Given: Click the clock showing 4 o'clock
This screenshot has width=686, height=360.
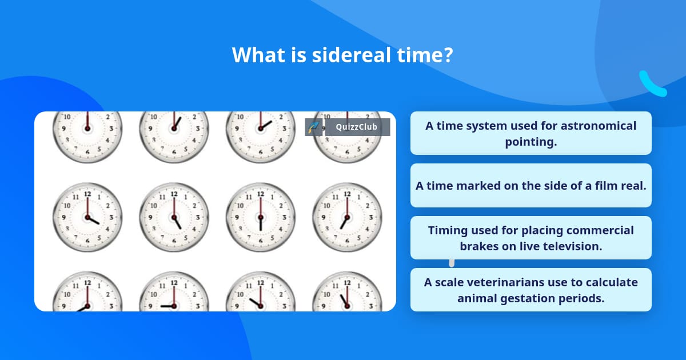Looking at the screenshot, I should point(87,217).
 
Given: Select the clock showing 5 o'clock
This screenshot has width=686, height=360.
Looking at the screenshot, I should point(174,217).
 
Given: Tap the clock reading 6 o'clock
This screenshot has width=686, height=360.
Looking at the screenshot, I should point(261,217).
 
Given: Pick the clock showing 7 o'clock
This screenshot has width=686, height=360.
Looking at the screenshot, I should point(347,217).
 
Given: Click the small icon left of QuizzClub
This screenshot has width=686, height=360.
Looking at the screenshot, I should point(313,127).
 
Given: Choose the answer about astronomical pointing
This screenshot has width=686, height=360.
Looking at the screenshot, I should point(531,133).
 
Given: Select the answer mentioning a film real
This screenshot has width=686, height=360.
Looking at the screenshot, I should point(531,185).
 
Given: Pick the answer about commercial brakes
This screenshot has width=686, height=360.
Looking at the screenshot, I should point(531,238).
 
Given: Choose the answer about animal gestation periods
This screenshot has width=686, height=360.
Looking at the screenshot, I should point(531,290).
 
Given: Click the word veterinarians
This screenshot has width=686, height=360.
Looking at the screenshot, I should point(509,282).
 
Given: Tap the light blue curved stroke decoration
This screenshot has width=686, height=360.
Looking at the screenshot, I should point(652,85).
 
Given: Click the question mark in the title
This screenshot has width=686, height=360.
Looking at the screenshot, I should point(448,55).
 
